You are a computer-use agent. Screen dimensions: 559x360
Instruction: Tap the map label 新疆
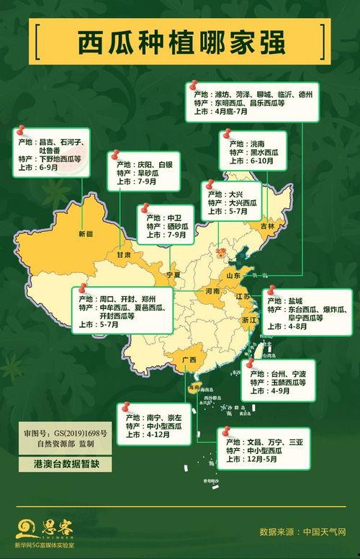[x=86, y=234]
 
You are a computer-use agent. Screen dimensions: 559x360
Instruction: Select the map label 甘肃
[x=124, y=255]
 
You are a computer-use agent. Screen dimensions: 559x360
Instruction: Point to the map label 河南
[x=212, y=292]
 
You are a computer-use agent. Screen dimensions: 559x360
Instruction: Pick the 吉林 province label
[x=268, y=225]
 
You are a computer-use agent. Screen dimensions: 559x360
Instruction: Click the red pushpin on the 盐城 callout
[x=271, y=291]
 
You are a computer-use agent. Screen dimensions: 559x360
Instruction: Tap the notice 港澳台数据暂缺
[x=60, y=465]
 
